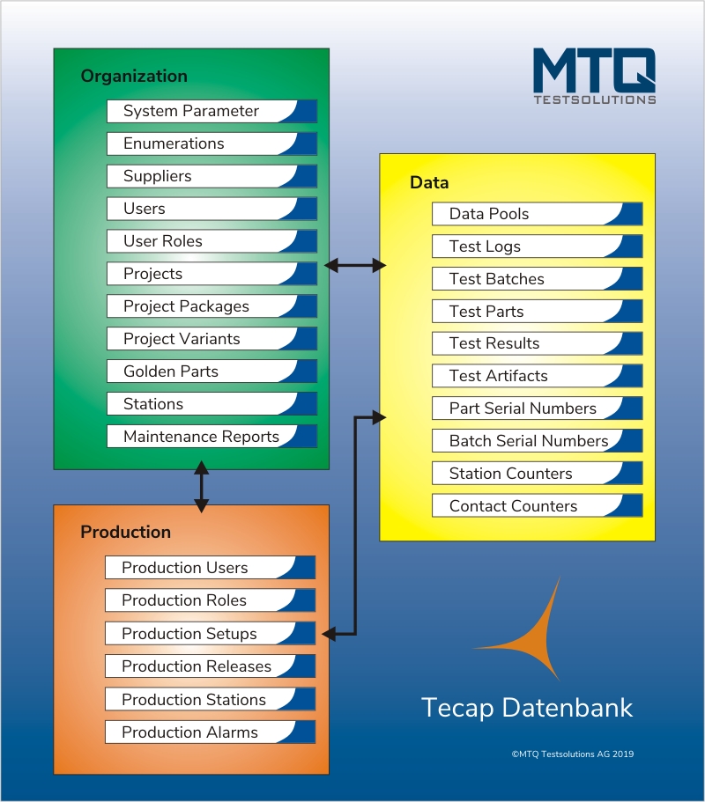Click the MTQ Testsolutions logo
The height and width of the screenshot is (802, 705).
pyautogui.click(x=594, y=77)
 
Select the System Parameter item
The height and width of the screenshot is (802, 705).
pyautogui.click(x=212, y=111)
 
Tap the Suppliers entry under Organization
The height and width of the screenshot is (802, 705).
pyautogui.click(x=212, y=176)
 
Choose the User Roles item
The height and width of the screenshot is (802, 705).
pyautogui.click(x=212, y=241)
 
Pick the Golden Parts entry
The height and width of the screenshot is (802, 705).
pyautogui.click(x=212, y=372)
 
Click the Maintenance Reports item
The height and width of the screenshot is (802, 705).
pyautogui.click(x=212, y=437)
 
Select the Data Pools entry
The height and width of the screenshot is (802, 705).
pyautogui.click(x=537, y=214)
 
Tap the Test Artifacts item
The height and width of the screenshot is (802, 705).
pyautogui.click(x=537, y=376)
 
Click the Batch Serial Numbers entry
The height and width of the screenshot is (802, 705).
pyautogui.click(x=537, y=441)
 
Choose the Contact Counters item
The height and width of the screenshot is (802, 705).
pyautogui.click(x=537, y=506)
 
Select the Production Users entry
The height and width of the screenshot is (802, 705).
pyautogui.click(x=210, y=568)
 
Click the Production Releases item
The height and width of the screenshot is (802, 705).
pyautogui.click(x=210, y=666)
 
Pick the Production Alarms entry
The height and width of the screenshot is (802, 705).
pyautogui.click(x=210, y=732)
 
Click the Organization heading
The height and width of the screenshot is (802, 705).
pyautogui.click(x=134, y=77)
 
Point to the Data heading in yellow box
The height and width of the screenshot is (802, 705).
pyautogui.click(x=429, y=182)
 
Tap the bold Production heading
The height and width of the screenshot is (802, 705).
pyautogui.click(x=125, y=532)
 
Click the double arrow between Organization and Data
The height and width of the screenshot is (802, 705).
pyautogui.click(x=355, y=266)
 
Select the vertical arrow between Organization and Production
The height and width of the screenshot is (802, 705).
pyautogui.click(x=201, y=487)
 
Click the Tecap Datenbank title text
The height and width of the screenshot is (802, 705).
pyautogui.click(x=527, y=709)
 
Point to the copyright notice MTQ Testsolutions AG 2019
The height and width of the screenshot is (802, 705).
pyautogui.click(x=573, y=754)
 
